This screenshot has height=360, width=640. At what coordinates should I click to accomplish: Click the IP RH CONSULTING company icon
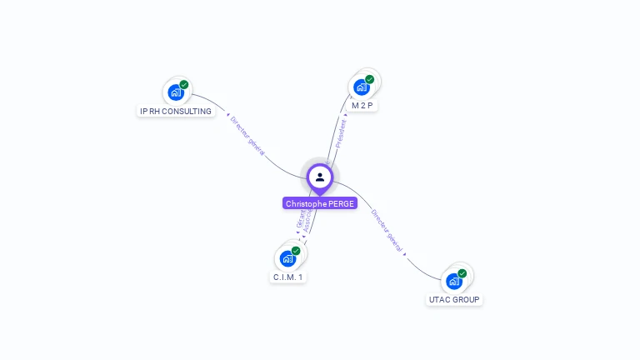[176, 92]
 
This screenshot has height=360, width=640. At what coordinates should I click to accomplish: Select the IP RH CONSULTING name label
[176, 111]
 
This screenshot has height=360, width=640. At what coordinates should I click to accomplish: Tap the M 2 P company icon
[362, 87]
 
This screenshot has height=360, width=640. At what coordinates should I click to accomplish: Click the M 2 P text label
[362, 106]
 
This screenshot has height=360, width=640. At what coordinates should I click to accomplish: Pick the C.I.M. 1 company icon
[288, 258]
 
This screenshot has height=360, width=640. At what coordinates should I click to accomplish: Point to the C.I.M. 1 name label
[288, 277]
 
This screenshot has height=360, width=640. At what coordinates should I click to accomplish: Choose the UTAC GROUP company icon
[454, 281]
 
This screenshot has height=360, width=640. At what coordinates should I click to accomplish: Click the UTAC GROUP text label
[454, 299]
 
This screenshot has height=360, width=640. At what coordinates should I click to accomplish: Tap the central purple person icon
[320, 177]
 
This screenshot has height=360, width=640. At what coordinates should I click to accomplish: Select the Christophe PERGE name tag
[320, 203]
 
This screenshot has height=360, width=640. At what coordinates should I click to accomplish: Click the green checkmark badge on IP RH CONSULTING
[184, 85]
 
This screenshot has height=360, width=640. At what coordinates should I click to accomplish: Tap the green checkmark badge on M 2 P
[369, 80]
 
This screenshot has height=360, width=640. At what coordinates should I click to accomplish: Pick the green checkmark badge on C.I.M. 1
[296, 251]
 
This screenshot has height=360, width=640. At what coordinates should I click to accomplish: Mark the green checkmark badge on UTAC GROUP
[462, 273]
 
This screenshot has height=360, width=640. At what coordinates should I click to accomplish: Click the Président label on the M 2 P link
[341, 133]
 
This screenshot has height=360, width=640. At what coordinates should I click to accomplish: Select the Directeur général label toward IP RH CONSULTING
[247, 136]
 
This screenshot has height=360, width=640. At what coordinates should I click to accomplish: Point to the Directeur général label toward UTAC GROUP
[387, 231]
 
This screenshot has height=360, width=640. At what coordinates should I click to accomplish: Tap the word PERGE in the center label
[340, 203]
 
